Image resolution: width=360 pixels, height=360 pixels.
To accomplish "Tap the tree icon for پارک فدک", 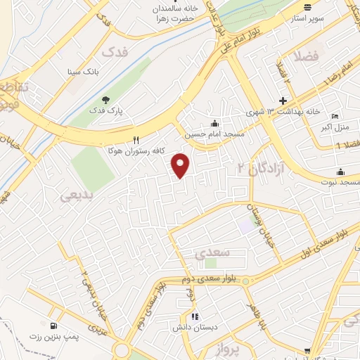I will [105, 99].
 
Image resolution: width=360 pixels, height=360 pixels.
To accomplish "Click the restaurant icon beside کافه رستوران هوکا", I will [136, 140].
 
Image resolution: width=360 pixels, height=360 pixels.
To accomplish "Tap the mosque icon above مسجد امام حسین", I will [214, 123].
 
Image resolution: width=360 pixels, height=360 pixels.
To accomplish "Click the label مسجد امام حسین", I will [214, 134].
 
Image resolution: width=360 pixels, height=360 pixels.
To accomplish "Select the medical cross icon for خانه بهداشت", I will [283, 101].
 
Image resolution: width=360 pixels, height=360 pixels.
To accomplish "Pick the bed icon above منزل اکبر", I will [335, 115].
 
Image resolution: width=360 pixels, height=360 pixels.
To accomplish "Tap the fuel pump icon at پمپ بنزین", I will [53, 326].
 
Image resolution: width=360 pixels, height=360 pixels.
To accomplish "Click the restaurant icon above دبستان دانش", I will [195, 317].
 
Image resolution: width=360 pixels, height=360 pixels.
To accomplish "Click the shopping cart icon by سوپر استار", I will [307, 8].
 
